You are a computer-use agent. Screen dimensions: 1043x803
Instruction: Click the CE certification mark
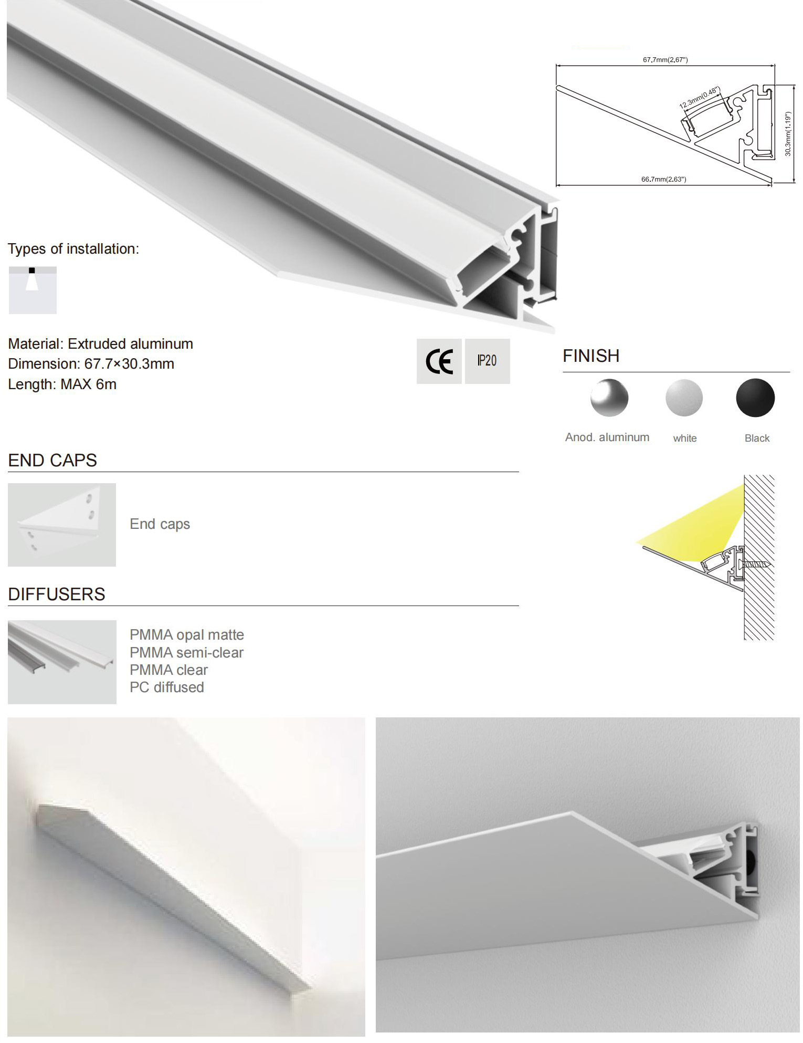tap(439, 361)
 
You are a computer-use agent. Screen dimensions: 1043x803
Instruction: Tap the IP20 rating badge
tap(487, 361)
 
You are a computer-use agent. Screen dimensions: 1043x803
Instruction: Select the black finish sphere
tap(755, 398)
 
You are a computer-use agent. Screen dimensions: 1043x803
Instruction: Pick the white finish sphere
tap(684, 398)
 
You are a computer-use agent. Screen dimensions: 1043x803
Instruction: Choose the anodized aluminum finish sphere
tap(609, 398)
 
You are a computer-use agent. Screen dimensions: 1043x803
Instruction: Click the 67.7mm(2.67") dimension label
tap(665, 60)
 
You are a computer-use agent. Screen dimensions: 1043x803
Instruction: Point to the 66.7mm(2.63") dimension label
tap(663, 179)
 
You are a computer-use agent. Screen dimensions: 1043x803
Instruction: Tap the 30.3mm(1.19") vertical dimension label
tap(788, 134)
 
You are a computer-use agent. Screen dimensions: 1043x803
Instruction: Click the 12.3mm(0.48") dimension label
tap(700, 98)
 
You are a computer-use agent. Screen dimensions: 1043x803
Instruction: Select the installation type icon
tap(33, 290)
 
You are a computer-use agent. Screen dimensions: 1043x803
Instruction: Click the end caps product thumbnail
tap(62, 524)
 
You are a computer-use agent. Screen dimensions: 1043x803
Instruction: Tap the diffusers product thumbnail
tap(62, 662)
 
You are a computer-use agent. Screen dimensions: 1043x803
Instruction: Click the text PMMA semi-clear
tap(186, 652)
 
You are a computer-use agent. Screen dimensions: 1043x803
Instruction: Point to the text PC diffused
tap(166, 687)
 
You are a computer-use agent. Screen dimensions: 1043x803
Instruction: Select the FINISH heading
tap(591, 356)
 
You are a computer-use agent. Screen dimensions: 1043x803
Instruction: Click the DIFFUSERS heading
tap(57, 594)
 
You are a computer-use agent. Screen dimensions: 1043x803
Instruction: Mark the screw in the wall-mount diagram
tap(755, 565)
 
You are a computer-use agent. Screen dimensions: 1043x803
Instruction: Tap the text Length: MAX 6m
tap(62, 384)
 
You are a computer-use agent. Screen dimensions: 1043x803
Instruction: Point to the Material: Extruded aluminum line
tap(100, 344)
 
